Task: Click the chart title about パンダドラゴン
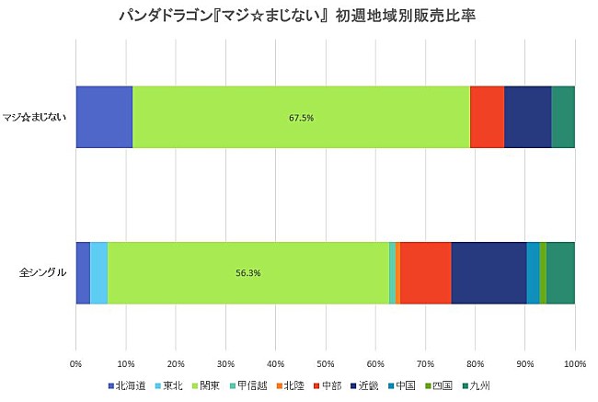[x=298, y=16]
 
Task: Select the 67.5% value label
[x=302, y=118]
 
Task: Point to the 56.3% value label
[x=249, y=273]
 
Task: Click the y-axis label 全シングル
[x=43, y=273]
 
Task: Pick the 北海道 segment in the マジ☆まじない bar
[x=104, y=118]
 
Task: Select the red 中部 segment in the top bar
[x=487, y=118]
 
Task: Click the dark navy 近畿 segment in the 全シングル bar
[x=489, y=273]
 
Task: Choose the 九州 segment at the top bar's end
[x=563, y=118]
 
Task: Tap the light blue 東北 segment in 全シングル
[x=98, y=273]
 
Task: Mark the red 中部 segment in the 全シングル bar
[x=426, y=273]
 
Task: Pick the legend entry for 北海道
[x=129, y=386]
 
